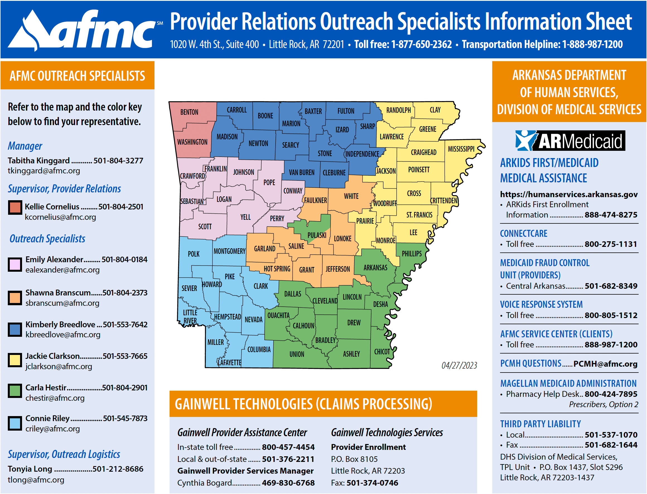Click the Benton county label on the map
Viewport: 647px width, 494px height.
coord(189,112)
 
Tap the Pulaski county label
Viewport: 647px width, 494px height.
coord(317,235)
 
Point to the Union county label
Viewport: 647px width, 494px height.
coord(297,354)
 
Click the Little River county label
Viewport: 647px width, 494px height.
coord(190,316)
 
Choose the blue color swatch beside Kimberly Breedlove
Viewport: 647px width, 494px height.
coord(15,329)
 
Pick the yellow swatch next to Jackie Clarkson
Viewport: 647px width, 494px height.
coord(15,361)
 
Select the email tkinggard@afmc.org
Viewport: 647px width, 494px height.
coord(44,171)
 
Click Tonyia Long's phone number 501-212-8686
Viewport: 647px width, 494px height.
coord(118,469)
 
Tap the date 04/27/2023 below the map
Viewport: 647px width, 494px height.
coord(459,365)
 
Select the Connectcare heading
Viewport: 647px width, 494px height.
coord(523,233)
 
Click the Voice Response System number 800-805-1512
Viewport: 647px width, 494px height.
coord(610,315)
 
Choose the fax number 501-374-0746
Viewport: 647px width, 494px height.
coord(372,483)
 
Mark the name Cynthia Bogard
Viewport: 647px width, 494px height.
coord(204,483)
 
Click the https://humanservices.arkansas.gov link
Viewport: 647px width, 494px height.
coord(569,194)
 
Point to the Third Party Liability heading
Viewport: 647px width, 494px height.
coord(540,424)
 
